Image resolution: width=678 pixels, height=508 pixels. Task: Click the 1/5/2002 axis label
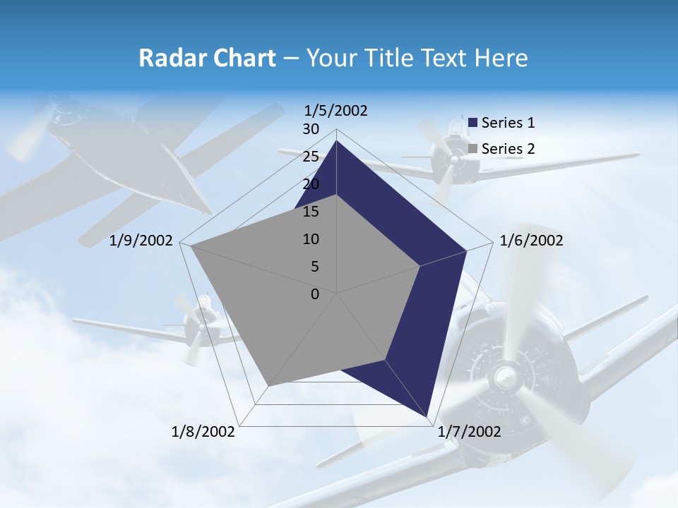click(x=336, y=111)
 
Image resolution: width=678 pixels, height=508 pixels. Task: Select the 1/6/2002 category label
click(x=531, y=241)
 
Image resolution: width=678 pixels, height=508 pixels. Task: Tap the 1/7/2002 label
click(x=470, y=432)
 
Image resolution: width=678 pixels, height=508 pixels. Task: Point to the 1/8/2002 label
click(x=203, y=432)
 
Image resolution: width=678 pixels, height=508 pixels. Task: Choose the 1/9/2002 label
click(x=141, y=241)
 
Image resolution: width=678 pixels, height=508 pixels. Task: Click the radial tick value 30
click(x=310, y=129)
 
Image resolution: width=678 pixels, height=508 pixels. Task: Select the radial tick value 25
click(x=310, y=157)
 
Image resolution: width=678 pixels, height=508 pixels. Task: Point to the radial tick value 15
click(x=310, y=212)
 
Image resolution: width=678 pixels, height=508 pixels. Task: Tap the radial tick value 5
click(x=314, y=267)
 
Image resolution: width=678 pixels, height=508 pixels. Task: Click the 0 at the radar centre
click(x=315, y=294)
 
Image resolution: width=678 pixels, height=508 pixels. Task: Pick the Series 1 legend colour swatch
click(x=473, y=123)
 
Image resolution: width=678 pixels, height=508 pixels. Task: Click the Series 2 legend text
click(x=508, y=149)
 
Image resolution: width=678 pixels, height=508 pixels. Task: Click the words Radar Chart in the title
click(x=207, y=58)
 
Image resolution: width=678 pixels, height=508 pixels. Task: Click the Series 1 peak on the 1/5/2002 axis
click(x=337, y=141)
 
